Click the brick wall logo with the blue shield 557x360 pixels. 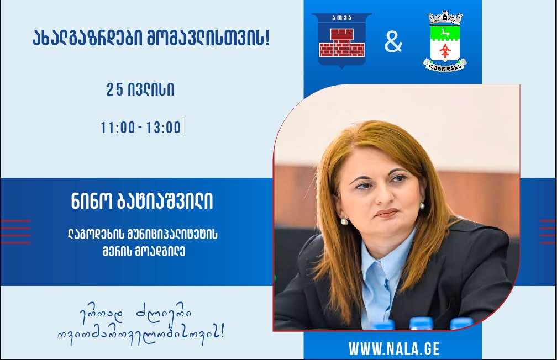(x=341, y=40)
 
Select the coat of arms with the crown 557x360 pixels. (x=445, y=41)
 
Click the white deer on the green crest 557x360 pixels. (x=445, y=33)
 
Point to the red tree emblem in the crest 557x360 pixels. (x=445, y=50)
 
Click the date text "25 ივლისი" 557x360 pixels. (x=140, y=89)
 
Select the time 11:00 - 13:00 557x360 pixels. (x=141, y=128)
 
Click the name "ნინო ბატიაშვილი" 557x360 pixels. (x=141, y=202)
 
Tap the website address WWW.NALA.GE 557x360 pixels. (x=394, y=348)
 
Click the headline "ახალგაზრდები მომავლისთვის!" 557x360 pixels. (x=151, y=38)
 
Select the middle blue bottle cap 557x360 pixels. (x=421, y=324)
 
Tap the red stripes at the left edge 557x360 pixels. (x=15, y=231)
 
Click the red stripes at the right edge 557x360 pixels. (x=548, y=231)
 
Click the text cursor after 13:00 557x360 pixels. (x=183, y=128)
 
